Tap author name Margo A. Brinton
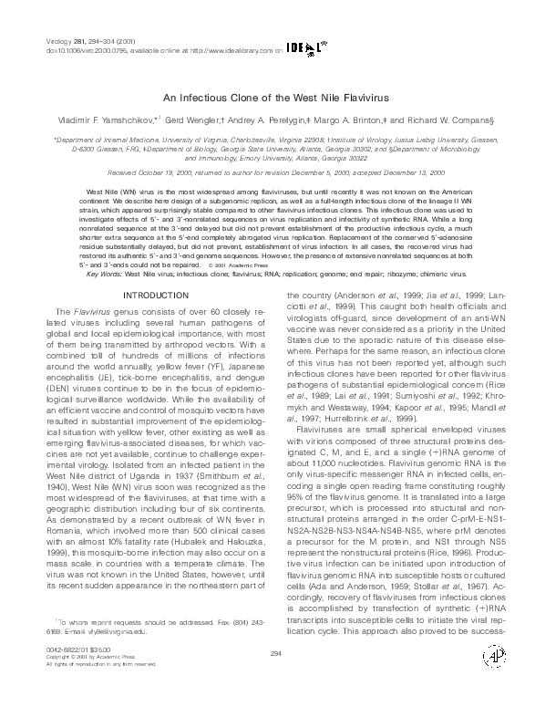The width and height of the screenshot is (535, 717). [x=349, y=119]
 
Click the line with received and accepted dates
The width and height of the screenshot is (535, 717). [x=267, y=171]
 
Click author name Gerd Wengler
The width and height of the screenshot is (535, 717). [x=191, y=119]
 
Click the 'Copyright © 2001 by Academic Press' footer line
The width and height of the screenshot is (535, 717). [x=87, y=681]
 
